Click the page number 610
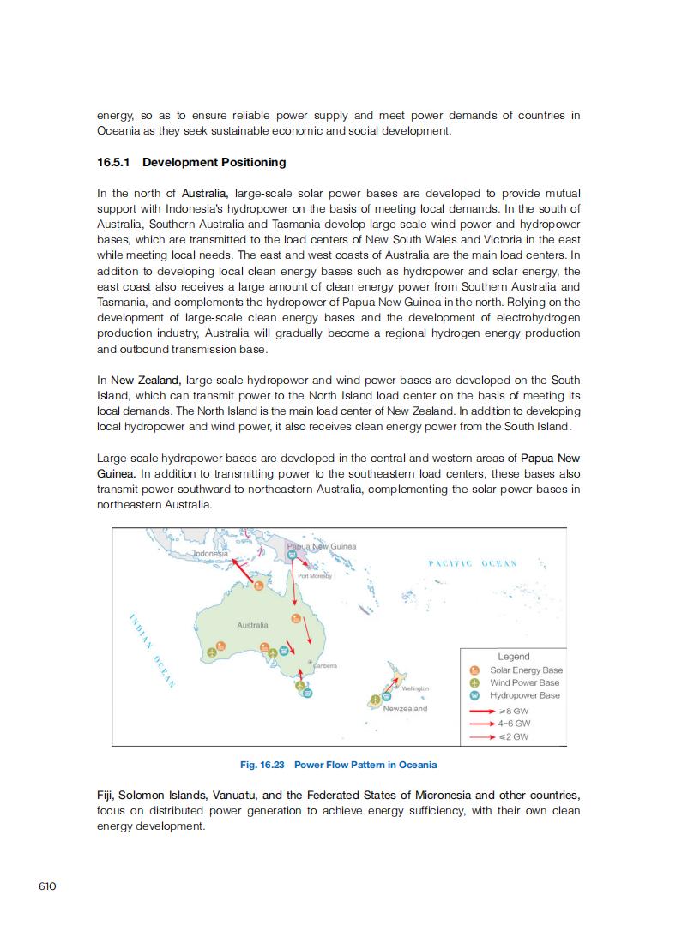coord(47,886)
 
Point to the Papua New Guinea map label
coord(321,546)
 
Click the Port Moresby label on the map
coord(314,576)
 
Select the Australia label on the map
coord(252,625)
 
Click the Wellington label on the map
coord(415,688)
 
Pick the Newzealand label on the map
coord(405,708)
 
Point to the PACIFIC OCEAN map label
coord(472,563)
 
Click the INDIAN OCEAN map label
coord(152,651)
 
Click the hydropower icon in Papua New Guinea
coord(293,556)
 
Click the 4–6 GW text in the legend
coord(514,724)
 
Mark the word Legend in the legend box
coord(514,657)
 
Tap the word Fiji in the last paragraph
coord(106,795)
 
